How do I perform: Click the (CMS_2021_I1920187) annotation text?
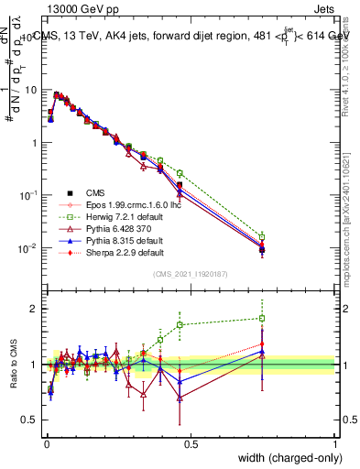coord(191,273)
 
